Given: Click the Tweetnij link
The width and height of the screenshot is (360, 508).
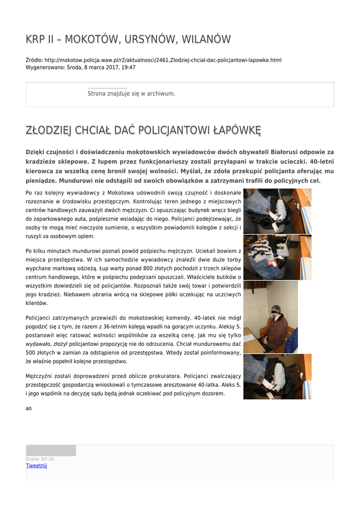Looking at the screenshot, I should point(36,465).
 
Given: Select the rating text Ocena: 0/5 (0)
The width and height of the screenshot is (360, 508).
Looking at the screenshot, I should point(40,459).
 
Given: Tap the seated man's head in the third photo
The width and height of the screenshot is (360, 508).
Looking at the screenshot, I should point(275,311).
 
